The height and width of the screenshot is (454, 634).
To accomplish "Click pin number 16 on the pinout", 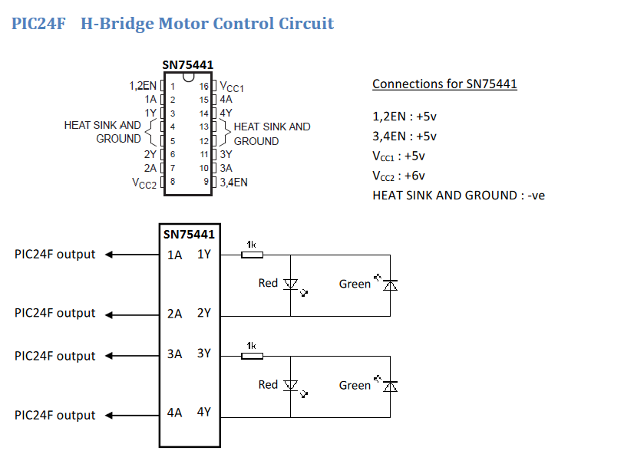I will point(203,87).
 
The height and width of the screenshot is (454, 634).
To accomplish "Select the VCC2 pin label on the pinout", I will point(144,183).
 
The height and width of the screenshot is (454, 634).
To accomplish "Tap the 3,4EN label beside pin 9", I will point(233,183).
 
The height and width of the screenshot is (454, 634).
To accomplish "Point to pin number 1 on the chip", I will point(173,87).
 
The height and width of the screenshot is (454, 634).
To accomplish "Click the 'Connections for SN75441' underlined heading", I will point(444,84).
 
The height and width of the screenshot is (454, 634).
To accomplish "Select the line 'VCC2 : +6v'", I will point(398,176).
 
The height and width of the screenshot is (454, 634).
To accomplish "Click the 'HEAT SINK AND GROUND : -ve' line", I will point(458,195).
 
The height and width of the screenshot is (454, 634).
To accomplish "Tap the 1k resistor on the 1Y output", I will point(252,255).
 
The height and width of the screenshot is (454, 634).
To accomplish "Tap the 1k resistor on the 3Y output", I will point(252,356).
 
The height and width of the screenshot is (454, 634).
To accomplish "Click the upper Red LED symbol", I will point(290,285).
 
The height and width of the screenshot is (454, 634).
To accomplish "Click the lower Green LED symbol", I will point(390,386).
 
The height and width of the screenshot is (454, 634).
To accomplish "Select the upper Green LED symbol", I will point(390,285).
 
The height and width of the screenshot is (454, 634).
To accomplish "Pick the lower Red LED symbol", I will point(290,386).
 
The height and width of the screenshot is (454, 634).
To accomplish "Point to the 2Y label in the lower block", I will point(204,313).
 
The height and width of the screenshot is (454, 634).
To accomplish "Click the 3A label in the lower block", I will point(175,354).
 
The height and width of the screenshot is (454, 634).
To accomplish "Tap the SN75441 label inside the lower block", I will point(189,235).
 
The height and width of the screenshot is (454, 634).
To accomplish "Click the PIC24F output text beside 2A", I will point(55,313).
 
